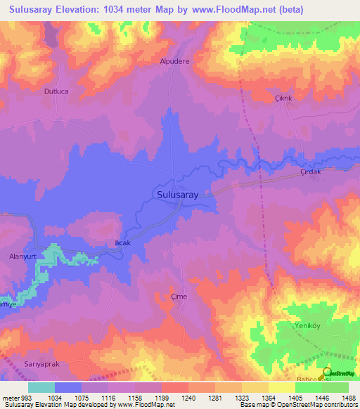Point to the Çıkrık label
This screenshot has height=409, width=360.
click(283, 98)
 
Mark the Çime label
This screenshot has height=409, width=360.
click(179, 297)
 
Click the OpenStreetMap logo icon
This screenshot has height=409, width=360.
click(327, 372)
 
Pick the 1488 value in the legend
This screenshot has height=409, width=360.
click(346, 398)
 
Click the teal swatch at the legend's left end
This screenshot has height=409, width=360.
click(41, 387)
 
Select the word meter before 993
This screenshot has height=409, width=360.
click(12, 398)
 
